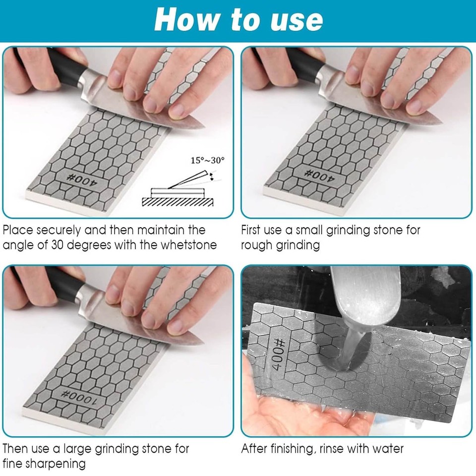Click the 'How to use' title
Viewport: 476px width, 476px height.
tap(238, 20)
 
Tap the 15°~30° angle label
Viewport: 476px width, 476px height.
tap(208, 160)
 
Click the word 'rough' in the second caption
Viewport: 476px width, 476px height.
tap(258, 245)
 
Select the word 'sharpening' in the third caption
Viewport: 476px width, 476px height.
tap(54, 464)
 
